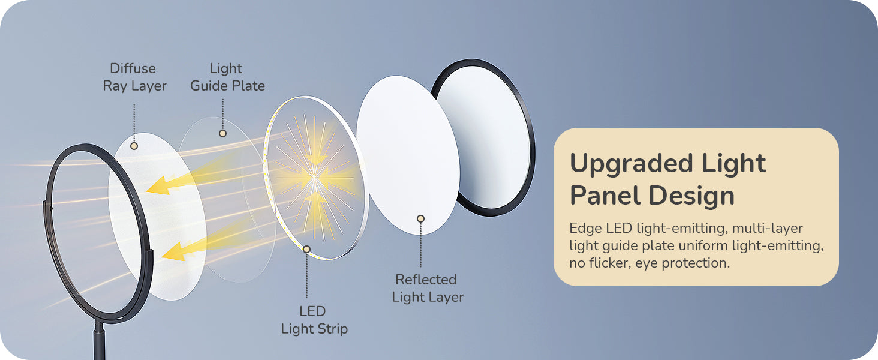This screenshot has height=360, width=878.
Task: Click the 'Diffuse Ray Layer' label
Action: [134, 77]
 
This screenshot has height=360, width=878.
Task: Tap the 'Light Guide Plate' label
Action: [227, 77]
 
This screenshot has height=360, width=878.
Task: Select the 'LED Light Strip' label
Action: [314, 320]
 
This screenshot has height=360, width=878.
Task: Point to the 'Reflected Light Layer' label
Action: [427, 288]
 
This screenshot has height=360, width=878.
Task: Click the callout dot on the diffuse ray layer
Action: [134, 146]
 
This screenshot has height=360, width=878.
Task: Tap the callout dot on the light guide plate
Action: [222, 133]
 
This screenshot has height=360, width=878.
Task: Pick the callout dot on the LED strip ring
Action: [307, 250]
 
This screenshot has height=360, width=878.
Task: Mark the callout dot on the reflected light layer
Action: [420, 218]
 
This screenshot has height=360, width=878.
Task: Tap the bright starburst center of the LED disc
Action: [314, 178]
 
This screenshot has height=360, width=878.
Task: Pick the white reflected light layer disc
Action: [408, 155]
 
